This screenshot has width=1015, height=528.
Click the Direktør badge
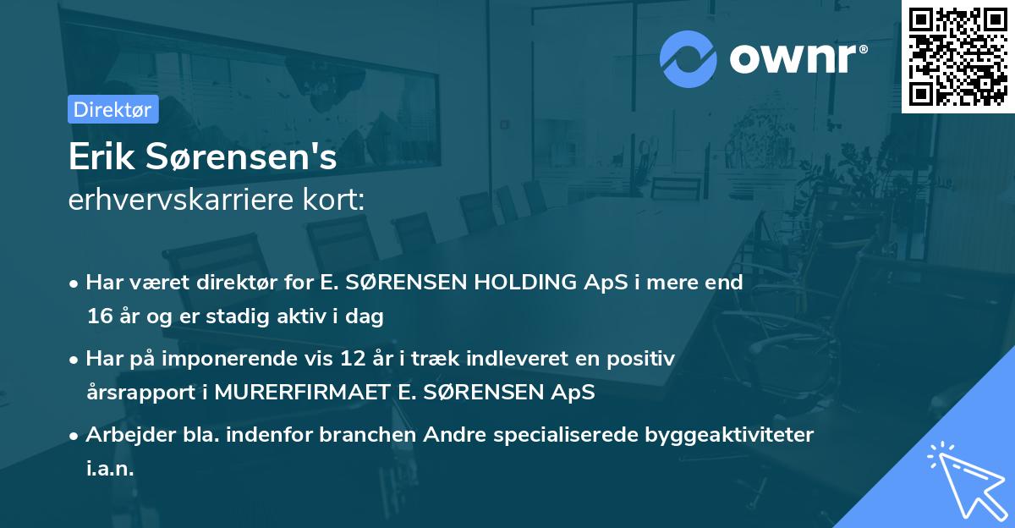pyautogui.click(x=112, y=109)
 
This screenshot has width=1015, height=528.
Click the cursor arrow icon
pyautogui.click(x=964, y=479)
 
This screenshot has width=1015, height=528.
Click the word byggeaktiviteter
pyautogui.click(x=725, y=435)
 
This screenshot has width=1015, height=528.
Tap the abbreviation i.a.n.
pyautogui.click(x=110, y=469)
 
